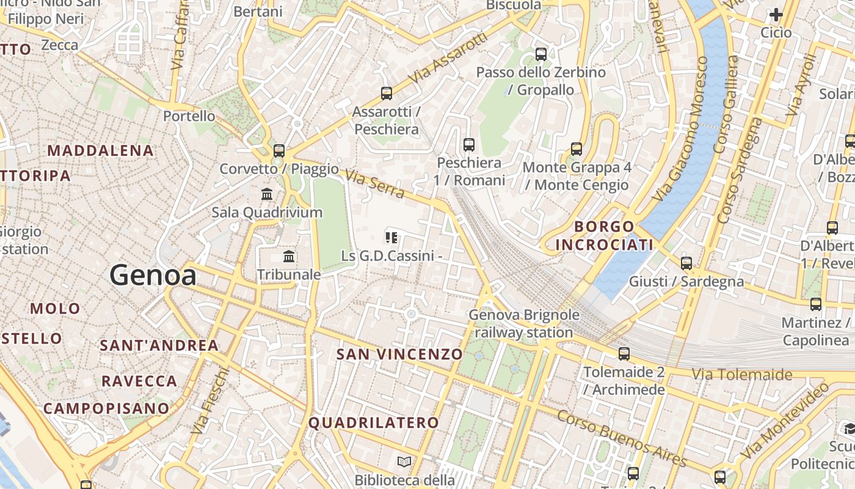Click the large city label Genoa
click(x=153, y=276)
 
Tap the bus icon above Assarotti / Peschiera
click(x=386, y=94)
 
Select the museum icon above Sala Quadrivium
click(x=267, y=194)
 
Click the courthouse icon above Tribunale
click(x=289, y=256)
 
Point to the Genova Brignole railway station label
click(x=524, y=324)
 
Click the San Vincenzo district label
click(x=400, y=355)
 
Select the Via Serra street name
click(x=374, y=184)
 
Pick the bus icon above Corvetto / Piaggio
click(x=279, y=150)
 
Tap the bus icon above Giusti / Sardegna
click(x=686, y=263)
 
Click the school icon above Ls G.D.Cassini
click(x=391, y=237)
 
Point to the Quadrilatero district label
click(x=374, y=423)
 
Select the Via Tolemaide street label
click(x=741, y=374)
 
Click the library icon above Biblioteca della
click(x=404, y=461)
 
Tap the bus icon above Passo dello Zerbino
click(x=540, y=54)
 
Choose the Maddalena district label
click(x=100, y=150)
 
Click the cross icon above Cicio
click(x=776, y=14)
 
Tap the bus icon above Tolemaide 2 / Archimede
click(x=624, y=353)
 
